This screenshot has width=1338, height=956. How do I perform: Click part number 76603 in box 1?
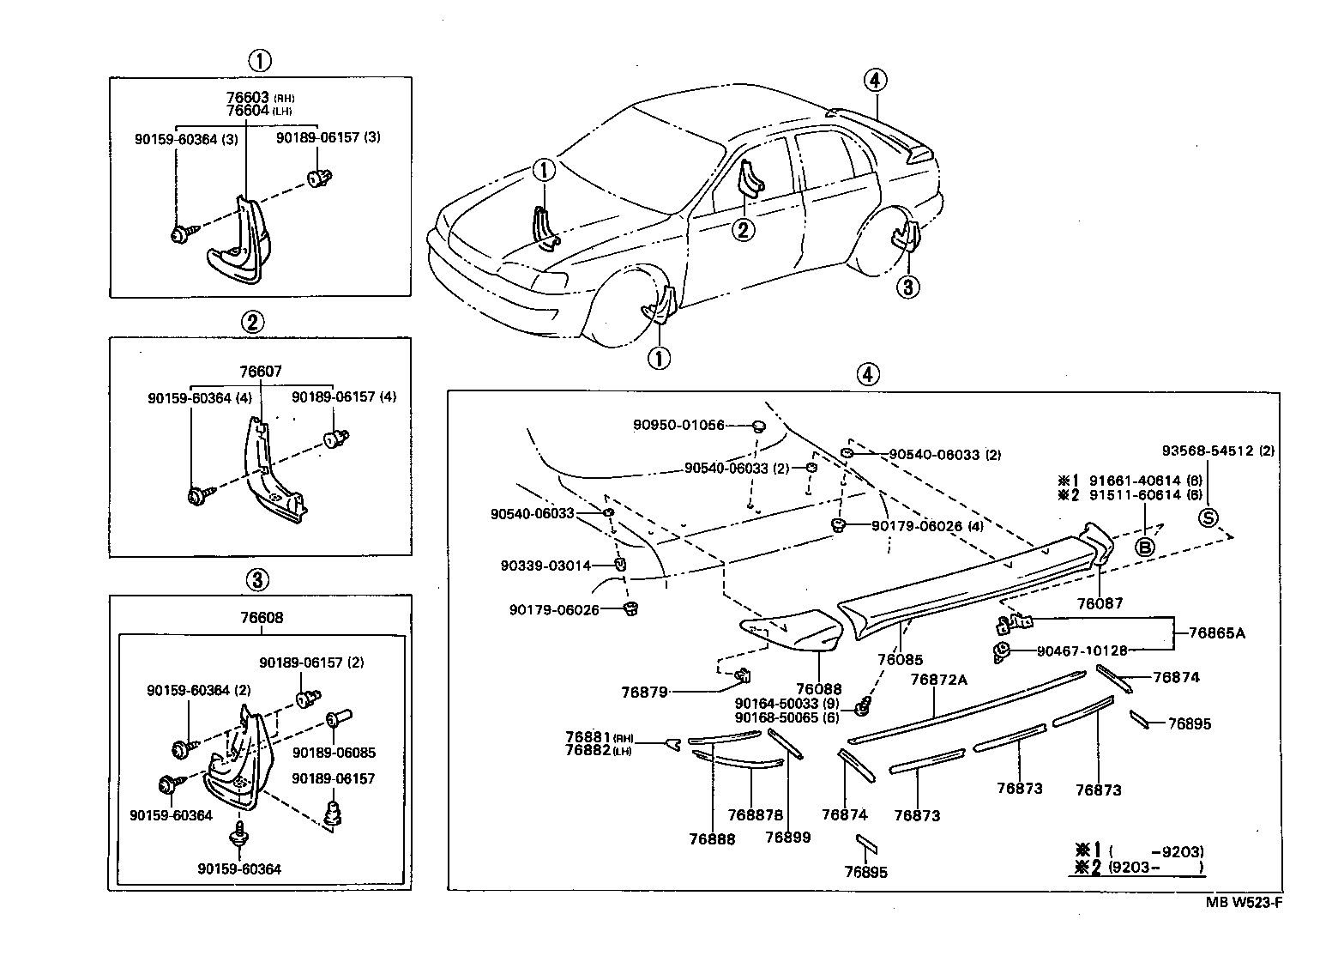tap(247, 98)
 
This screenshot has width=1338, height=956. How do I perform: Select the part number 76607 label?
tap(261, 372)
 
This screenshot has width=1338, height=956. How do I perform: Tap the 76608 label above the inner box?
tap(262, 618)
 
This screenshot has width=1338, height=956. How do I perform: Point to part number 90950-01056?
tap(678, 425)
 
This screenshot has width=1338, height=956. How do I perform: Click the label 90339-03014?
tap(545, 566)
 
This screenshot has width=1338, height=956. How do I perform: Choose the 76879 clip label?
tap(643, 692)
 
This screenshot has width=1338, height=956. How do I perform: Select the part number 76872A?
tap(938, 680)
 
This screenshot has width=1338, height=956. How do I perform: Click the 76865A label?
tap(1216, 633)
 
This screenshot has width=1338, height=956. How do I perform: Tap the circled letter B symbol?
tap(1145, 548)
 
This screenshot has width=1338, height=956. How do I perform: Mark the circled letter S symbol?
tap(1208, 517)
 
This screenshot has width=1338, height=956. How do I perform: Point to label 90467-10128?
tap(1082, 651)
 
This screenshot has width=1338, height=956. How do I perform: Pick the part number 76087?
tap(1099, 603)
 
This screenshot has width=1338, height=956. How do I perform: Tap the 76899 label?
tap(787, 838)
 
